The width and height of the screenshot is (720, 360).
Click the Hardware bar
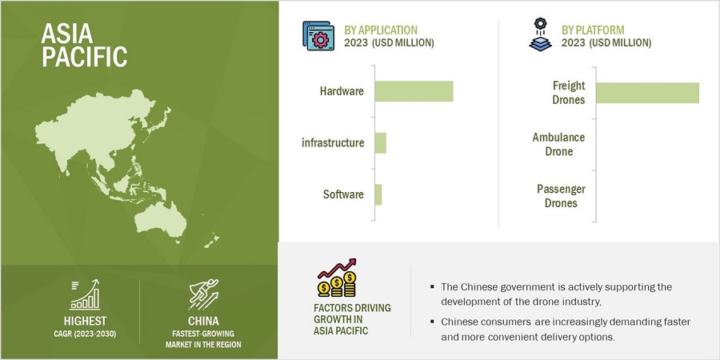point(414,91)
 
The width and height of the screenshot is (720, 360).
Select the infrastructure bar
point(381,143)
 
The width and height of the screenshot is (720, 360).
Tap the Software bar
point(378,194)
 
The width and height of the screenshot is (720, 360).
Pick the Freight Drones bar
point(647,93)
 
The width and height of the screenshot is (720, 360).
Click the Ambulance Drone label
point(558,144)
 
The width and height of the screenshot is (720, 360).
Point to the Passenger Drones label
point(561,196)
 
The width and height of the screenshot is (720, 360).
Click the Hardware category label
point(342,91)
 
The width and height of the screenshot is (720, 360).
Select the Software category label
point(343,194)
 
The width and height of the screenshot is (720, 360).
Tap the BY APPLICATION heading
point(381,30)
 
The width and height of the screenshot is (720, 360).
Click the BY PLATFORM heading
point(593,30)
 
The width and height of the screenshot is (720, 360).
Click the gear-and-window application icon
point(318,35)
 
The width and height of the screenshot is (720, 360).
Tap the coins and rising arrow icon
point(338,278)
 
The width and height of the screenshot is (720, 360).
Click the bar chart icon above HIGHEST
point(85,294)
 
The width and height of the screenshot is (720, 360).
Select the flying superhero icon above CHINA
point(203,294)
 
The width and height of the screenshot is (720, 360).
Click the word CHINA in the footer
point(203,321)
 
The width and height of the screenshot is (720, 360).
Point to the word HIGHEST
point(85,321)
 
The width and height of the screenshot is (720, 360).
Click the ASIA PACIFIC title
point(84,45)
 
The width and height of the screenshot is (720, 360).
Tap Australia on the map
point(162,219)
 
